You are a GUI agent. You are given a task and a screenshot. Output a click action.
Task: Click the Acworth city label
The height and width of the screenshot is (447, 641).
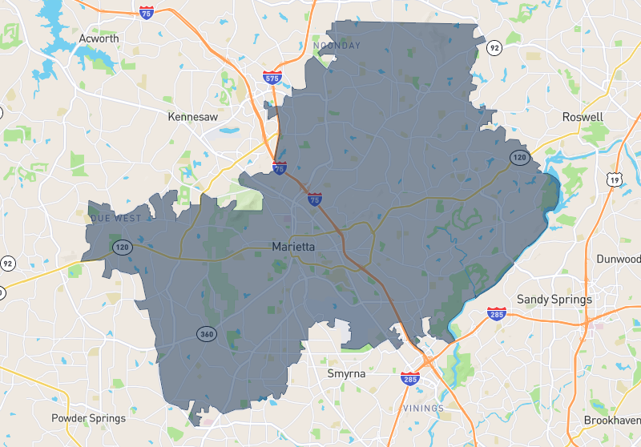click(x=99, y=38)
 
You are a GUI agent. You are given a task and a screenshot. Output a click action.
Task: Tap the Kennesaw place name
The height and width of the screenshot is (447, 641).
click(x=192, y=117)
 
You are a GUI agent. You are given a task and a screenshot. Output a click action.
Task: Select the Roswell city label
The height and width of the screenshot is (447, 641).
click(x=583, y=117)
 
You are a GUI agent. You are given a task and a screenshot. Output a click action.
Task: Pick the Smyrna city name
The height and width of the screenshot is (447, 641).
click(x=346, y=373)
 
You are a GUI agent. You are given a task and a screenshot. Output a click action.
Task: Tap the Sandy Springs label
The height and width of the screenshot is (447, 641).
click(x=554, y=300)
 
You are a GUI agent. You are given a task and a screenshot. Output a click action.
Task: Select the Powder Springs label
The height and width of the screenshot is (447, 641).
click(x=88, y=418)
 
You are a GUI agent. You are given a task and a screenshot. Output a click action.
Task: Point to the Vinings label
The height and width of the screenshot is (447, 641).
click(x=424, y=409)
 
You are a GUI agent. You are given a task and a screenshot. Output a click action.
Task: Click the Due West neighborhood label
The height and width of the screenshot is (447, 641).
click(x=116, y=218)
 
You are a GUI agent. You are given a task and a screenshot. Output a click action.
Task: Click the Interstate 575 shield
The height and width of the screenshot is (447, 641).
click(x=272, y=78)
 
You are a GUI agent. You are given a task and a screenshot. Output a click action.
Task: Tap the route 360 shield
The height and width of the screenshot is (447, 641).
click(x=208, y=333)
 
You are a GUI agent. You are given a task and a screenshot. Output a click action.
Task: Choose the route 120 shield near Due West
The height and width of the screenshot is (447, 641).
click(x=122, y=247)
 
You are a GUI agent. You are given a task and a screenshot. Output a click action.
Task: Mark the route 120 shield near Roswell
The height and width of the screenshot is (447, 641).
click(x=519, y=157)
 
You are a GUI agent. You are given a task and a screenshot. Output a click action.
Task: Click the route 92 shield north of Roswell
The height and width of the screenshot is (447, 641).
click(x=495, y=48)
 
